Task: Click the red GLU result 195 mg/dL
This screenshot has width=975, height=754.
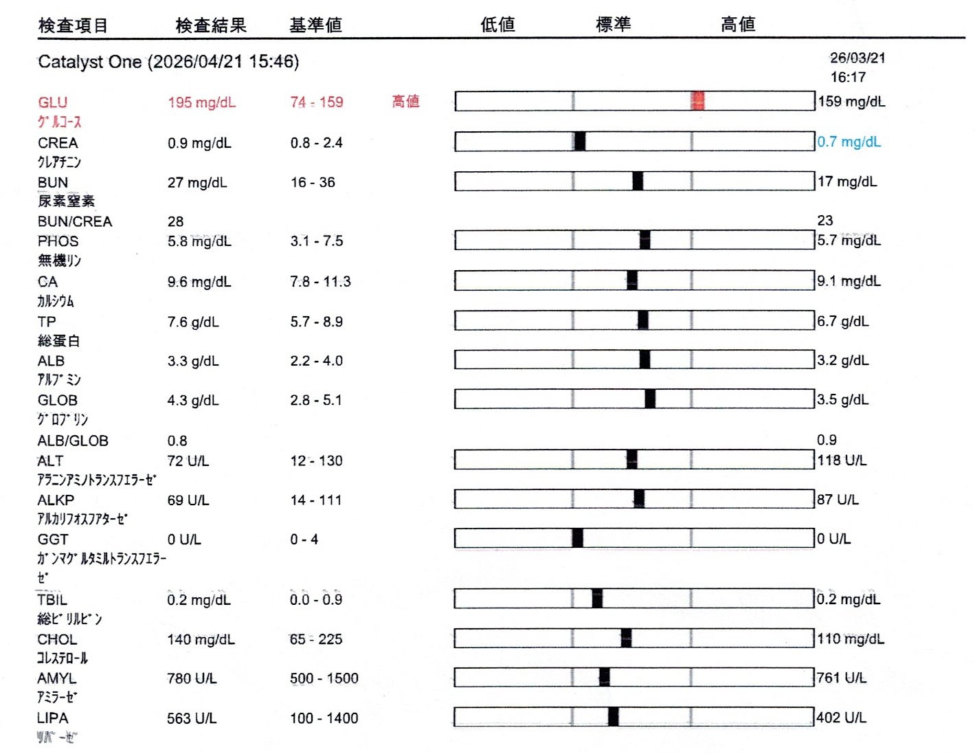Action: point(201,102)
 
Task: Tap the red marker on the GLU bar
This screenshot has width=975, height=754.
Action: point(697,101)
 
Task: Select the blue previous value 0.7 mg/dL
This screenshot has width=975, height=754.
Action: point(849,142)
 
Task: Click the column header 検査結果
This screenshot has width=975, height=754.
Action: point(211,25)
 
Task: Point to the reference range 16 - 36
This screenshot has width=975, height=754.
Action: point(313,182)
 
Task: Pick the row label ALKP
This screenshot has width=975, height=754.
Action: point(56,500)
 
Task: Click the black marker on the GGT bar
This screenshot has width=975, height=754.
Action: point(578,538)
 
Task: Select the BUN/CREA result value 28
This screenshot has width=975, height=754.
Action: point(175,221)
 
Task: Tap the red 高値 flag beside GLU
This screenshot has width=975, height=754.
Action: point(405,102)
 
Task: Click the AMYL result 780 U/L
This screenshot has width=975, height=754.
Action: point(192,679)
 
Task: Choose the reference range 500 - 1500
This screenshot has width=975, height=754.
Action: point(324,679)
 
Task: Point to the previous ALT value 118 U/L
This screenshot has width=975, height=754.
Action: point(842,461)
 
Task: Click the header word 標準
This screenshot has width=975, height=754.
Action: point(613,25)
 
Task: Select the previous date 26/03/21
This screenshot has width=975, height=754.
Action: point(858,58)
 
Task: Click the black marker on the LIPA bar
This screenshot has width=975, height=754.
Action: point(613,717)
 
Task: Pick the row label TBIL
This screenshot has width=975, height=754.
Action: point(52,600)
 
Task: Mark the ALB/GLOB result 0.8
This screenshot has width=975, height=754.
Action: point(177,441)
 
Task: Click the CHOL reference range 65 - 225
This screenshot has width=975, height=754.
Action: point(315,639)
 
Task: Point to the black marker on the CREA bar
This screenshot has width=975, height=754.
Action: point(580,142)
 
